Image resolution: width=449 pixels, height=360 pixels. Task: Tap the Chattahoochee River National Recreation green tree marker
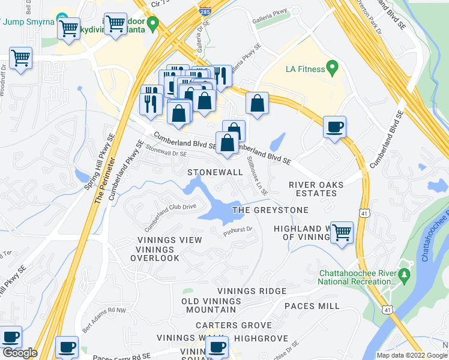coord(404,275)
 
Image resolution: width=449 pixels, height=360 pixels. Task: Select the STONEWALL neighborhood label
coord(215,172)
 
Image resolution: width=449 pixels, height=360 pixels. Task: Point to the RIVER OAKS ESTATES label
coord(313,189)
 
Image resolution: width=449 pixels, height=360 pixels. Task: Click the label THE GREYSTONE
coord(270,210)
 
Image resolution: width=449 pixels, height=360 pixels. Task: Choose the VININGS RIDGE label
coord(252,291)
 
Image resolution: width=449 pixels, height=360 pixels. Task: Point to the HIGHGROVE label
coord(261,338)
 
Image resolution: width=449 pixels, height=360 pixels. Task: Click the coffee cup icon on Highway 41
coord(334,127)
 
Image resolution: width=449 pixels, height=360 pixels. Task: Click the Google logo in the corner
coord(19,353)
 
